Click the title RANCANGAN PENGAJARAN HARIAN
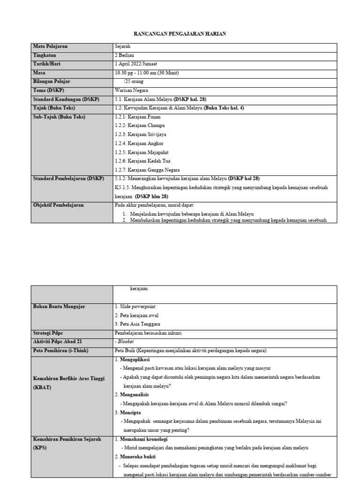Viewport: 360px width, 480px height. [180, 34]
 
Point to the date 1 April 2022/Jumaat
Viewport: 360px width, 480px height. [139, 64]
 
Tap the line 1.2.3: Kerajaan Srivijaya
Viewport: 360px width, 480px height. [137, 134]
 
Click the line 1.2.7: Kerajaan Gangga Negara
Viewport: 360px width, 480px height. [147, 170]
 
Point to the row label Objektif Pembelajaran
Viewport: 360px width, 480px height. [59, 205]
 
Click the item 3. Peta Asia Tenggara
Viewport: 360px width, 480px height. [137, 324]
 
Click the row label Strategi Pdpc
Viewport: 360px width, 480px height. [48, 333]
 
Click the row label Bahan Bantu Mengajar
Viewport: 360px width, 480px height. [59, 306]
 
